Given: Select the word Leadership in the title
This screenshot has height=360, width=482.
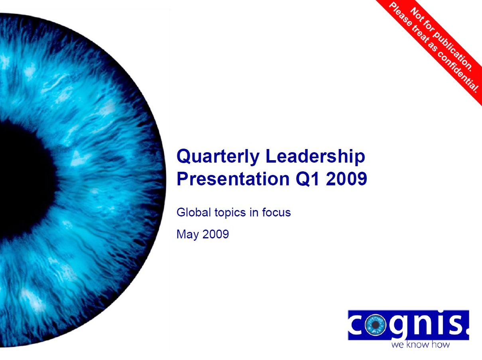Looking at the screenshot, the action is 315,156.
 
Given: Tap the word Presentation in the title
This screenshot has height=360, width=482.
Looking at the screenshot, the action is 233,179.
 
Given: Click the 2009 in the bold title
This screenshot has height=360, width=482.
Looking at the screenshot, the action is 346,179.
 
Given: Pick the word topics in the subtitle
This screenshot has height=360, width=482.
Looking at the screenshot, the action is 230,213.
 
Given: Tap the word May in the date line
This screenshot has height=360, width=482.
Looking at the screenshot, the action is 188,235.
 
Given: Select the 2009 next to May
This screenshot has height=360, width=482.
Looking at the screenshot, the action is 215,234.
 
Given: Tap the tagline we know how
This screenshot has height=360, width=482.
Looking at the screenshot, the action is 420,344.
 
